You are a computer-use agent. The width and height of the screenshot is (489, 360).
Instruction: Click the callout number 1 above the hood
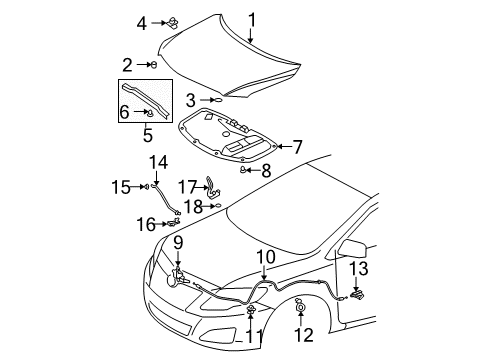coord(252,20)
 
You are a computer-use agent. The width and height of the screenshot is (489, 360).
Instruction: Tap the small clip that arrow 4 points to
coord(173,23)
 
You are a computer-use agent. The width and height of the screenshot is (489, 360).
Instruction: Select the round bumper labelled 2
coord(154,65)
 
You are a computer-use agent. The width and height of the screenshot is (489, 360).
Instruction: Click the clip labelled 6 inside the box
coord(151,113)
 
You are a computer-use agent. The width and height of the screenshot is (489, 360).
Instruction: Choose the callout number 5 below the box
coord(148,135)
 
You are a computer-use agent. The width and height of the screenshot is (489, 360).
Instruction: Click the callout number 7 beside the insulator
coord(297,147)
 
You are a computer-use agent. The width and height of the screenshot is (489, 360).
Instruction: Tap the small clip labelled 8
coord(243,170)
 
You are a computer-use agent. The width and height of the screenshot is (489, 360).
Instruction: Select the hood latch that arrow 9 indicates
coord(177,278)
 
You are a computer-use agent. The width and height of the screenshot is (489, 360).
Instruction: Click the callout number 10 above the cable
coord(266,257)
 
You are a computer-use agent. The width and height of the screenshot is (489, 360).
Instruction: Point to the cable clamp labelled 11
coord(251,309)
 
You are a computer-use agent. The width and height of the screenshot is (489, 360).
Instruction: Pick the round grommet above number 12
coord(300,306)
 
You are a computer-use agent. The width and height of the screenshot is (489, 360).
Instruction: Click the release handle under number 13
coord(357,294)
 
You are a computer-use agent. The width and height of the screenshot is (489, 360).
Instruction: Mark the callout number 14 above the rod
coord(158,163)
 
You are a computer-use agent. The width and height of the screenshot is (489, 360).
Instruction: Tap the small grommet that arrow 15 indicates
coord(146,187)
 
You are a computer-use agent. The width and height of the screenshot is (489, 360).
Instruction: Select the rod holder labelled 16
coord(174,222)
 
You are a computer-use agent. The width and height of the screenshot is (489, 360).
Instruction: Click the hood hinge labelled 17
coord(213,187)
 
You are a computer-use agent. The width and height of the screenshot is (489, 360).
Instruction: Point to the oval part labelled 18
coord(218,206)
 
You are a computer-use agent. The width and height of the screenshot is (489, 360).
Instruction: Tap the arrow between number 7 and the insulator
coord(284,146)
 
